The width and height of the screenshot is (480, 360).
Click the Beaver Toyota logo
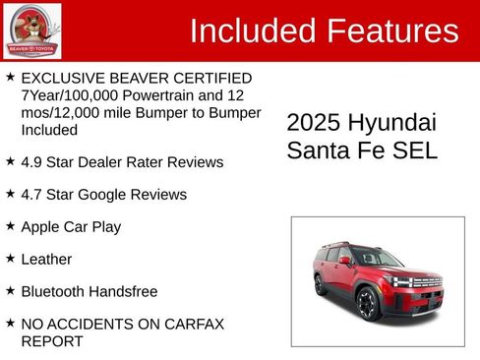(31, 31)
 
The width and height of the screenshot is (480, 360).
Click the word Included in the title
(252, 30)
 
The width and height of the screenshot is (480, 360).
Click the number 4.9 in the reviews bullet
(33, 161)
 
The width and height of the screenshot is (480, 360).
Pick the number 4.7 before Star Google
(33, 194)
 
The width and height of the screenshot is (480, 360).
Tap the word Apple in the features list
(41, 226)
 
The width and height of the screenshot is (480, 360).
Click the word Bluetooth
(56, 291)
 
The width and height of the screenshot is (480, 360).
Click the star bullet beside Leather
(10, 258)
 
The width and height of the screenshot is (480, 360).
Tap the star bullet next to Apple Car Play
(10, 225)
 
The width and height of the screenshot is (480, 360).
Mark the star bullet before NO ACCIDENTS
(10, 323)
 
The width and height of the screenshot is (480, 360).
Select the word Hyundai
(391, 123)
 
